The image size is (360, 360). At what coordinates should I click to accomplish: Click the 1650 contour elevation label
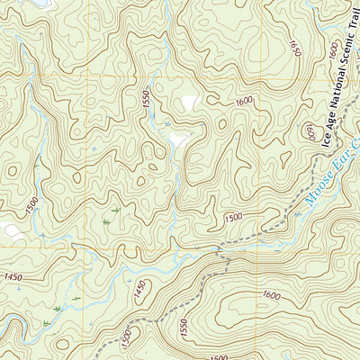click(295, 46)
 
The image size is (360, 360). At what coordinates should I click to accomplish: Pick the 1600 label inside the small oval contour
click(309, 133)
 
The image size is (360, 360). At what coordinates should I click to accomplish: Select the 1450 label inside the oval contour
click(139, 290)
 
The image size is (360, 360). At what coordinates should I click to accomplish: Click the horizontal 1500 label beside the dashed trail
click(233, 218)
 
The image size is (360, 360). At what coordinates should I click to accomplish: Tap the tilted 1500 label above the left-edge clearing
click(32, 205)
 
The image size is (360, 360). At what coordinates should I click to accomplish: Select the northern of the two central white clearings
click(189, 103)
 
